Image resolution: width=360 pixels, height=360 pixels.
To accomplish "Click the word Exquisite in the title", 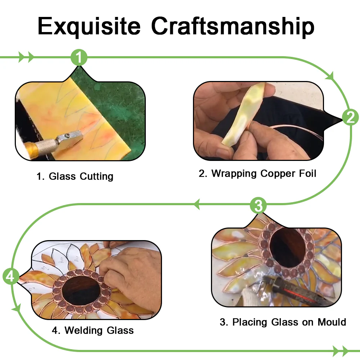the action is [x=89, y=26].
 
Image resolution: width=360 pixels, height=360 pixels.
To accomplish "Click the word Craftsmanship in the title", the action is [x=233, y=26].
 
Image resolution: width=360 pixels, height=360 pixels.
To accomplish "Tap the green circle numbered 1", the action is [x=79, y=57].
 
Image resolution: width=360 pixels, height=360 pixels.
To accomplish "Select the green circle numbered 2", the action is [x=350, y=117].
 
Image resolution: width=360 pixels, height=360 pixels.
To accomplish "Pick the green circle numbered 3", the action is [x=258, y=206].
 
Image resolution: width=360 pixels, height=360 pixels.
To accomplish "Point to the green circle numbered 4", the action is [x=11, y=276].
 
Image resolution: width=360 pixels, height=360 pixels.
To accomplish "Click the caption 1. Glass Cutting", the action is [x=75, y=176].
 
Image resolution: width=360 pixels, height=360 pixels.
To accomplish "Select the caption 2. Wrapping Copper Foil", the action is [x=257, y=174].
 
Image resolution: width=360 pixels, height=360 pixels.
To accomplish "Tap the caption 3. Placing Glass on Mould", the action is [x=283, y=322].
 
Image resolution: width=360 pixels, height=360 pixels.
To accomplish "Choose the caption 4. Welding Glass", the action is [x=93, y=330].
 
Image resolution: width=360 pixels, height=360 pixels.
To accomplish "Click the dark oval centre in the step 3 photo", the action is [x=287, y=248].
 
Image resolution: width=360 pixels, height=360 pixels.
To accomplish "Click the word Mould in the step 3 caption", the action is [x=332, y=322].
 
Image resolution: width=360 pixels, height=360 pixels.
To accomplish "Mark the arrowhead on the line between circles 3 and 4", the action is [x=197, y=204].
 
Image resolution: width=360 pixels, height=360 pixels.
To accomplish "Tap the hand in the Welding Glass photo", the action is [x=131, y=275].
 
